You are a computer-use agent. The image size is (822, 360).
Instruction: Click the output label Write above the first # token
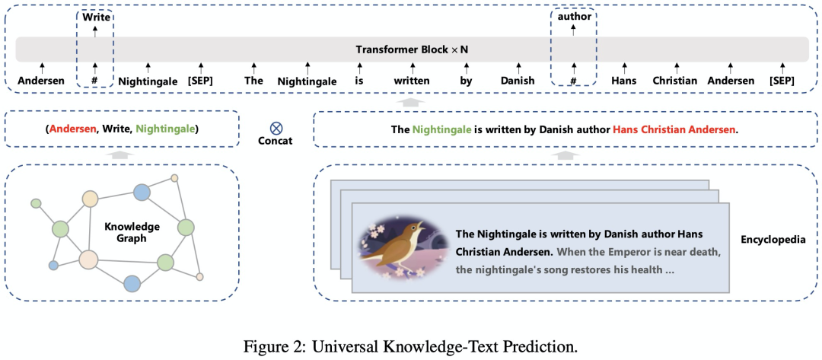95,14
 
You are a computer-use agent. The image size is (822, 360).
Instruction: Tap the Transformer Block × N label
412,49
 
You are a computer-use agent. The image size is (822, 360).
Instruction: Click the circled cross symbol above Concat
276,128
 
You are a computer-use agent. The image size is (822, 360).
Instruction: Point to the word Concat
276,141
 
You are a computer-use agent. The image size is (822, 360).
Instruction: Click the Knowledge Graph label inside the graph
132,232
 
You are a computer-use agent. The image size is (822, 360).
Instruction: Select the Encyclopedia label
773,240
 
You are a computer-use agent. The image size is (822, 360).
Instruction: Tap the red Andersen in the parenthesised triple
72,129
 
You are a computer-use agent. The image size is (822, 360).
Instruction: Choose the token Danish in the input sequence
518,81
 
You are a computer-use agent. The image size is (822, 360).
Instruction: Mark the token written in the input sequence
411,81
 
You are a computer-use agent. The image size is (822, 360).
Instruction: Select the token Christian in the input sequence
674,81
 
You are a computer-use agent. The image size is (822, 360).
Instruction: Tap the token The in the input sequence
253,81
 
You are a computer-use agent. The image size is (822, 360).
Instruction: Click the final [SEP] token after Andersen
782,81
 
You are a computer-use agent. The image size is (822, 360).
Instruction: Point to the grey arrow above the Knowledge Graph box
122,154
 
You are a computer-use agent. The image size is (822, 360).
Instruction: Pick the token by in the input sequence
465,81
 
